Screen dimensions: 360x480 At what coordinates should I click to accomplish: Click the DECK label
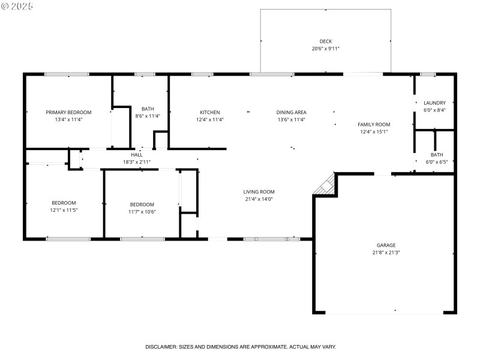click(x=326, y=41)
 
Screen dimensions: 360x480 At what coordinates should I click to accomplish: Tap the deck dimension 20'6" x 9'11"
click(x=326, y=49)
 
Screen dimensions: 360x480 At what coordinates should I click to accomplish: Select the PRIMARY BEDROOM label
click(x=68, y=112)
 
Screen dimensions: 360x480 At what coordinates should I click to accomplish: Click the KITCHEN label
click(x=210, y=112)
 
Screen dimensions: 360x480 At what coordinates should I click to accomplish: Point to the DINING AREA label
click(x=292, y=112)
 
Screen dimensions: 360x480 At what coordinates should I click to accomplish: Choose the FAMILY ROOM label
click(x=374, y=124)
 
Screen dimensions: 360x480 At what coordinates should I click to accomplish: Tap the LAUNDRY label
click(x=434, y=103)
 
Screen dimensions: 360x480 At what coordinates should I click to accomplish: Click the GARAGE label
click(x=386, y=245)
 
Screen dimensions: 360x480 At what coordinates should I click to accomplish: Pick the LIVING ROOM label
click(x=259, y=192)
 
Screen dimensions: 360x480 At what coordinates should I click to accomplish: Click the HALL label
click(x=137, y=155)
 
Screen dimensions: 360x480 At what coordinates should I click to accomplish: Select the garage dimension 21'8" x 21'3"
click(x=386, y=253)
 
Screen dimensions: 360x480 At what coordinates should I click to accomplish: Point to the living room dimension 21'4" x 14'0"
click(x=259, y=199)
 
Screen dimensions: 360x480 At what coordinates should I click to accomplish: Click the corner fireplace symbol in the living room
click(x=325, y=185)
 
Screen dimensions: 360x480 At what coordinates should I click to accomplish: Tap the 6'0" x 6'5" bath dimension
click(x=436, y=162)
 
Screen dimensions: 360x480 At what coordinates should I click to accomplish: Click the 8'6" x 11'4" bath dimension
click(x=148, y=116)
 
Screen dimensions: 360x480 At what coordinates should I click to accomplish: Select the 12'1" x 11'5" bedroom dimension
click(x=64, y=210)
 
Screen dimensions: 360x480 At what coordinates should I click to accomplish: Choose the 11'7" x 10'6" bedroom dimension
click(x=142, y=211)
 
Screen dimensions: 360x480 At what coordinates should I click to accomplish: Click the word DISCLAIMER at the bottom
click(x=161, y=347)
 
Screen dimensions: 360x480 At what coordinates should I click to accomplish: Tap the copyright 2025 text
click(x=17, y=5)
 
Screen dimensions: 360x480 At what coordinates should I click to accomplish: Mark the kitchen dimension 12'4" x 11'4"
click(x=210, y=119)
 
